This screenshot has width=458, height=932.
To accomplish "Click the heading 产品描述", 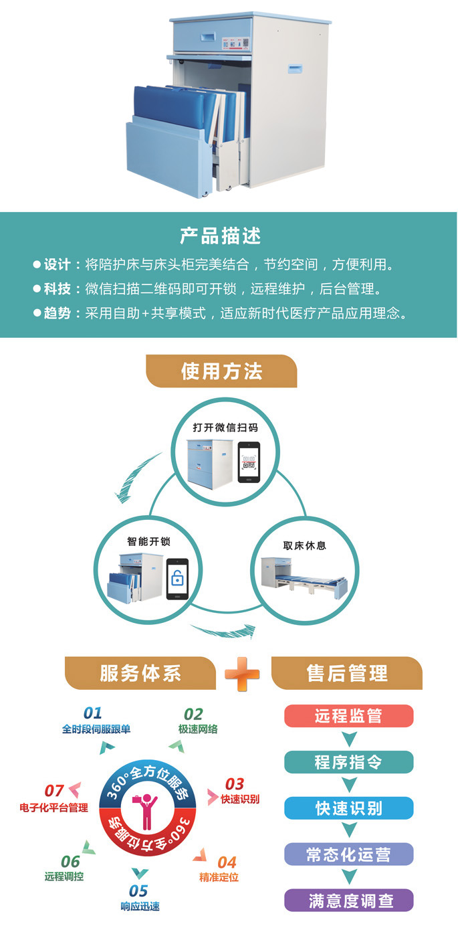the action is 220,236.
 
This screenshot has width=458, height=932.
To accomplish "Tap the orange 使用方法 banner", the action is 221,371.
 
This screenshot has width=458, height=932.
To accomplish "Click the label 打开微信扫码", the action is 225,428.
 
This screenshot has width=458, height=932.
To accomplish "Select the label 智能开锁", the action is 149,541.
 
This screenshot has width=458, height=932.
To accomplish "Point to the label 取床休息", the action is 305,545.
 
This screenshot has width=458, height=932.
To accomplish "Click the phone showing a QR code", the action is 249,462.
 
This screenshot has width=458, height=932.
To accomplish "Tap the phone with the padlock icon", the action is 177,579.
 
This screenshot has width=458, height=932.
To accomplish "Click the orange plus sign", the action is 242,674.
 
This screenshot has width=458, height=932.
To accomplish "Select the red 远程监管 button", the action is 349,716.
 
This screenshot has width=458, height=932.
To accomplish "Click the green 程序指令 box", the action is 349,762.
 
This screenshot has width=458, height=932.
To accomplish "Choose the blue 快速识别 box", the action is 349,808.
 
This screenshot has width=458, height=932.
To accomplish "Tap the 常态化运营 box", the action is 349,854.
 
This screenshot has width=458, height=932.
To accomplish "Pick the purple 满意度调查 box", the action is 349,901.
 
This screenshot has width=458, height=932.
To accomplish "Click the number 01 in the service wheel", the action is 93,713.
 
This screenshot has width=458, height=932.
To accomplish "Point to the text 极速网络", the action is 198,729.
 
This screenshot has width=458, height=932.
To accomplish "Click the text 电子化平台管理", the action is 53,808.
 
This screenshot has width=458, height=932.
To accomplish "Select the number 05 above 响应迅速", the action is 138,891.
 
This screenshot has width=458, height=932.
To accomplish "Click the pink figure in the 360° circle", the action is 145,811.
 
